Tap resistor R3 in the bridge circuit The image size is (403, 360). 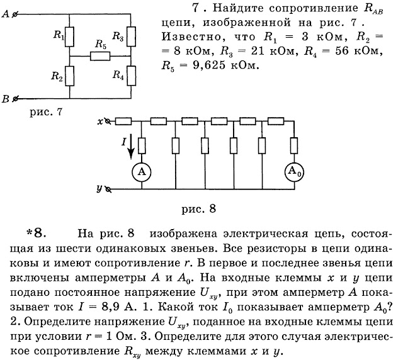131,36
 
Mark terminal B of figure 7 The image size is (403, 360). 14,98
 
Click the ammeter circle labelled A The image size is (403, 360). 142,171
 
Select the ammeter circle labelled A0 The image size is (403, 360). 293,171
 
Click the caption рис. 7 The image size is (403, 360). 45,112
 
